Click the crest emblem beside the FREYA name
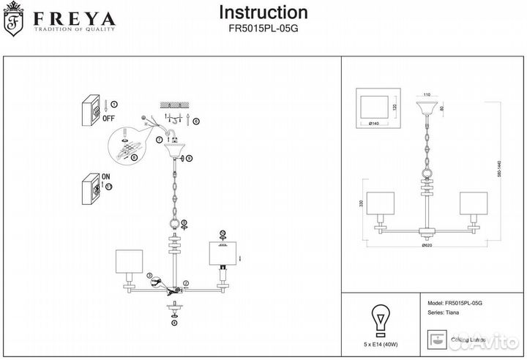(12, 23)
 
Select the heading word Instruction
(263, 12)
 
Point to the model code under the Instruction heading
(263, 29)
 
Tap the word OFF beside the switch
(108, 117)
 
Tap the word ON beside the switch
(107, 177)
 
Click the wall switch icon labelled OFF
(90, 109)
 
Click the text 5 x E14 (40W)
(380, 342)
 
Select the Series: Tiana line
(443, 313)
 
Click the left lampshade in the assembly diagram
(128, 263)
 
